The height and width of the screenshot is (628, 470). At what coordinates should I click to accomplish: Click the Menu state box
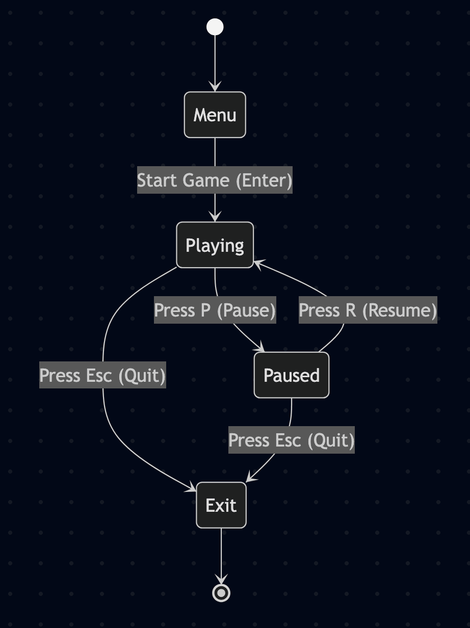[215, 115]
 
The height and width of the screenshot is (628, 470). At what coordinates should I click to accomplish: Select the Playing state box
[215, 245]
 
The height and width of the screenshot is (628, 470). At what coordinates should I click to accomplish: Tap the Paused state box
[292, 375]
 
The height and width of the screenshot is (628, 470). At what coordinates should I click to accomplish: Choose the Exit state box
[221, 505]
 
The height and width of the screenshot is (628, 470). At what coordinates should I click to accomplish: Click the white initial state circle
[215, 27]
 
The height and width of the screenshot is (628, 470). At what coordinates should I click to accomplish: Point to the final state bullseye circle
[221, 593]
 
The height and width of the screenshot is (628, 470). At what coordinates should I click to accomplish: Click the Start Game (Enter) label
[215, 180]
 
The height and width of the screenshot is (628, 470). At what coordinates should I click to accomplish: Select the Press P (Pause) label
[215, 310]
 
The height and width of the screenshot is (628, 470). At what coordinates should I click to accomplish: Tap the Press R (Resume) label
[368, 310]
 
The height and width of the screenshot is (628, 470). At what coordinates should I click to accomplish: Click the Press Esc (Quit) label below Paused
[292, 440]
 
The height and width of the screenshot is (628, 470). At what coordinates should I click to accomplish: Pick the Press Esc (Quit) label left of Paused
[102, 375]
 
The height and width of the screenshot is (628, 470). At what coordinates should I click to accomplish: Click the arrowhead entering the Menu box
[215, 87]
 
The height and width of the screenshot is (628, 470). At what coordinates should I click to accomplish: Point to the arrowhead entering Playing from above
[215, 217]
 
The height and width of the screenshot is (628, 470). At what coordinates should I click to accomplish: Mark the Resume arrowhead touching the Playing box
[259, 264]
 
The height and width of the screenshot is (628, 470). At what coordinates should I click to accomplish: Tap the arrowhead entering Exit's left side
[191, 488]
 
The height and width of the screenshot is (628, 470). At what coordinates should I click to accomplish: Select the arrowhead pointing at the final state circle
[221, 579]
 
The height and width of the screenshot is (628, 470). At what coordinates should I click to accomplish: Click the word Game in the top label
[206, 180]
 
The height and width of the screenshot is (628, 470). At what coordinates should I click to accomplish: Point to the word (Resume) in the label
[400, 310]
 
